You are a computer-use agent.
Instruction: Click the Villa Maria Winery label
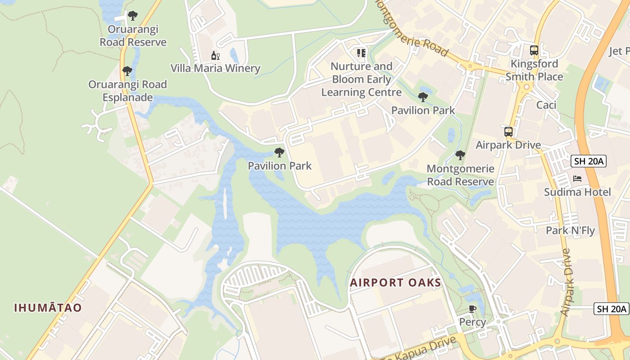[x=215, y=68]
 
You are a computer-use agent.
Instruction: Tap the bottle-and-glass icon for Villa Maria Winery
[x=216, y=56]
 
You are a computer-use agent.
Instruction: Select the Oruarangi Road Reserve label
[x=133, y=36]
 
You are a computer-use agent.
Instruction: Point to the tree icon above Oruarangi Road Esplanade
[x=127, y=71]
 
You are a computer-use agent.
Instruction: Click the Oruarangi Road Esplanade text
[x=127, y=91]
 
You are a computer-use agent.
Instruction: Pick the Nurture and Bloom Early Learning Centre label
[x=361, y=79]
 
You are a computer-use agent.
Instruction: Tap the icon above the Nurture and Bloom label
[x=361, y=53]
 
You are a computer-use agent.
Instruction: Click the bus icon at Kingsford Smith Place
[x=534, y=50]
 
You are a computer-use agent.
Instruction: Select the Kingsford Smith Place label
[x=534, y=70]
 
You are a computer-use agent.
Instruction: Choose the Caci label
[x=546, y=105]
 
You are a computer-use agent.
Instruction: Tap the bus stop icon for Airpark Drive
[x=508, y=132]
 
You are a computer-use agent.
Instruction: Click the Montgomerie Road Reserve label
[x=460, y=175]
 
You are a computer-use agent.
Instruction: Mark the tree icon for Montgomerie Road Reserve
[x=460, y=155]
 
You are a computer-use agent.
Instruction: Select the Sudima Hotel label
[x=577, y=192]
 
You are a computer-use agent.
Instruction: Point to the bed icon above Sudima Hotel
[x=577, y=179]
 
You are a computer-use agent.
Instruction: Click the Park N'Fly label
[x=570, y=230]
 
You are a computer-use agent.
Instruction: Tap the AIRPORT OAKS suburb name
[x=396, y=283]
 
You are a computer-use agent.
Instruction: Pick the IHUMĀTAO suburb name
[x=48, y=308]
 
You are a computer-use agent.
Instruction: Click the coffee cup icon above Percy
[x=472, y=309]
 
